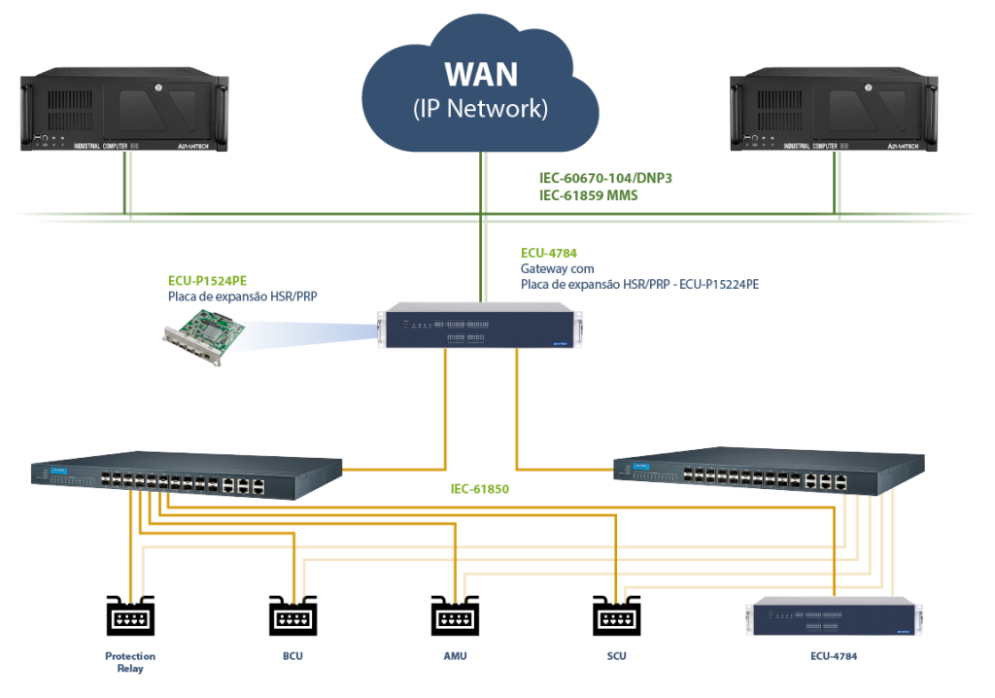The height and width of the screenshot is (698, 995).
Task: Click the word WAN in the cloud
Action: pos(481,73)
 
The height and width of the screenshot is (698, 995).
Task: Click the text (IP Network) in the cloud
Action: pos(481,108)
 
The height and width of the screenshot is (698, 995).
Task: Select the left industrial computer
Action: pos(123,109)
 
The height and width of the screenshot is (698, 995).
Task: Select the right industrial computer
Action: pos(834,109)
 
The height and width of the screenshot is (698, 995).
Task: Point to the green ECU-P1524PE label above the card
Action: pos(205,279)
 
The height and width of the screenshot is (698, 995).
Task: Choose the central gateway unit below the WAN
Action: pos(481,327)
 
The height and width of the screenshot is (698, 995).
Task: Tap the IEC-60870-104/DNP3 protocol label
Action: pos(605,179)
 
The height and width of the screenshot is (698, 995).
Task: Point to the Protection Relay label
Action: pos(130,661)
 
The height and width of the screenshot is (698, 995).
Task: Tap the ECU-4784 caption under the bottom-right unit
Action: pos(834,656)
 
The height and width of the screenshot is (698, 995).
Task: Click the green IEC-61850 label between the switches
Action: pos(480,489)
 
